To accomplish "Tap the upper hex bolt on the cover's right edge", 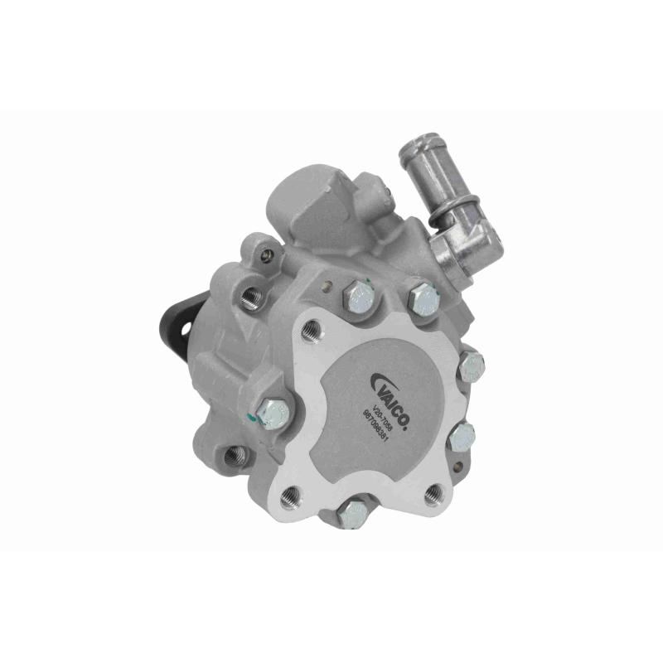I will (x=470, y=365).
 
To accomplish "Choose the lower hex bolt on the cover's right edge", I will (x=462, y=434).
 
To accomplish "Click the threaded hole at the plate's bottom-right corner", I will (x=432, y=496).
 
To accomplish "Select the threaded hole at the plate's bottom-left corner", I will (x=289, y=496).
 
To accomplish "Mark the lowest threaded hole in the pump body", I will (x=235, y=453).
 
